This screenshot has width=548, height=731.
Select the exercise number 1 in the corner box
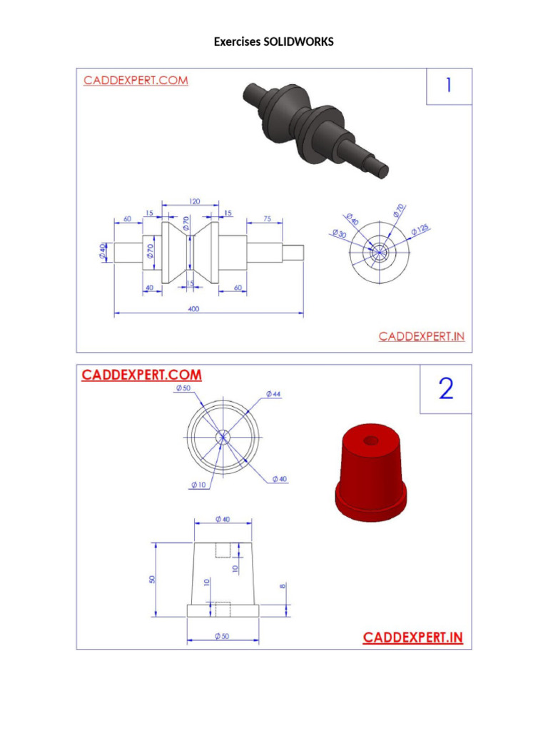pos(448,85)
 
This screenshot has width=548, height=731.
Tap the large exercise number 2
pos(445,389)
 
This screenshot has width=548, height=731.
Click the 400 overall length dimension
pos(194,309)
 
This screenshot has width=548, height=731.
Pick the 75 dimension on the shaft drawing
pos(266,219)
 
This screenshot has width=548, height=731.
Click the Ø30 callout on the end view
pos(340,235)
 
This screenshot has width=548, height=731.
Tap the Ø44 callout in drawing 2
pos(273,393)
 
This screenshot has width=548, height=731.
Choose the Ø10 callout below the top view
pos(198,485)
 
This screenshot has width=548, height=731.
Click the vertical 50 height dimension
pos(152,578)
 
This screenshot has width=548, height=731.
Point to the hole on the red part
pos(371,440)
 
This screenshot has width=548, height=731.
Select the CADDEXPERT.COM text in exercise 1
pos(136,81)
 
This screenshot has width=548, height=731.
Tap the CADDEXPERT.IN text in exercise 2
pos(413,637)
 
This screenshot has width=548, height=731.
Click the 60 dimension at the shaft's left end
pos(128,219)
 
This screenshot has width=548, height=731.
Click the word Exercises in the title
pos(238,42)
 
